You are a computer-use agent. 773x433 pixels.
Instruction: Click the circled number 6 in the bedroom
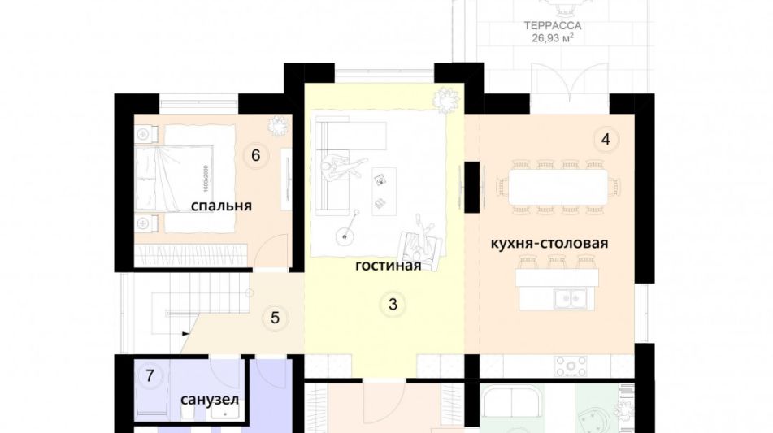pyautogui.click(x=255, y=154)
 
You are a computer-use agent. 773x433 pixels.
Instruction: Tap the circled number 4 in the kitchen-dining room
pyautogui.click(x=605, y=140)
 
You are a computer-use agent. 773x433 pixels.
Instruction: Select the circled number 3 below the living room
pyautogui.click(x=393, y=305)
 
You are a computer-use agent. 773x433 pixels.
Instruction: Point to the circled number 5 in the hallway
pyautogui.click(x=275, y=317)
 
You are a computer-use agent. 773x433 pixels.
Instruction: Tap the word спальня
pyautogui.click(x=221, y=206)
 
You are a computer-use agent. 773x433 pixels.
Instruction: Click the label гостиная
pyautogui.click(x=388, y=265)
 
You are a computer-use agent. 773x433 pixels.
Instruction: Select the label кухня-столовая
pyautogui.click(x=549, y=243)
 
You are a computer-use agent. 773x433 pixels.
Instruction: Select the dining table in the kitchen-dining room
pyautogui.click(x=557, y=186)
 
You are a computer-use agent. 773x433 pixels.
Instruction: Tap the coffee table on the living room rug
pyautogui.click(x=383, y=191)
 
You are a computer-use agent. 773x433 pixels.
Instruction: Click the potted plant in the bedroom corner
pyautogui.click(x=277, y=127)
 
